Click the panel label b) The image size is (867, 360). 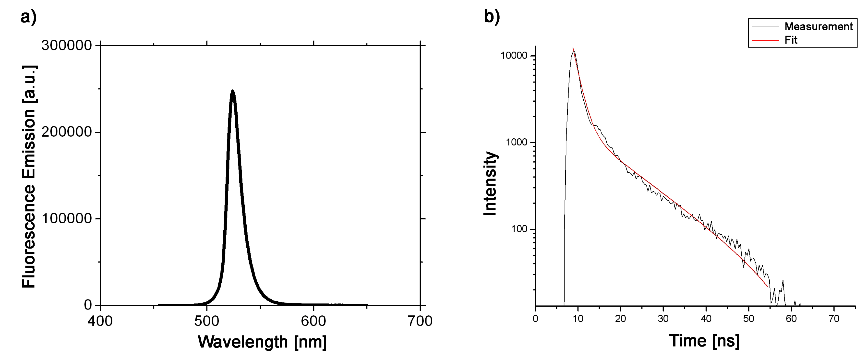coord(492,16)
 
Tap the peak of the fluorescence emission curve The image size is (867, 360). coord(232,91)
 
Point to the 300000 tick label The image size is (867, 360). coord(67,45)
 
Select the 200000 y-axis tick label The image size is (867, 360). coord(67,132)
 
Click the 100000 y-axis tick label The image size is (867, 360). coord(67,219)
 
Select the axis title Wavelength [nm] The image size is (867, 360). coord(262,342)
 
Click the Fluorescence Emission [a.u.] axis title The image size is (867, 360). coord(29,177)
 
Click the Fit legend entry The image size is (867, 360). coord(791,40)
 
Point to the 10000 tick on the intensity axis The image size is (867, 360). coord(514,56)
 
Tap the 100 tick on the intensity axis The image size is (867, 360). coord(519,229)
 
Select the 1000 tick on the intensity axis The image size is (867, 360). coord(516,142)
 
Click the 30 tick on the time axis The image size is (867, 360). coord(663,319)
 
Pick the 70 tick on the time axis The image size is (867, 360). coord(834,319)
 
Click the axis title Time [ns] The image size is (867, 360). coord(704,341)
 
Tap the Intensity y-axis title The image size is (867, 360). coord(490,183)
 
